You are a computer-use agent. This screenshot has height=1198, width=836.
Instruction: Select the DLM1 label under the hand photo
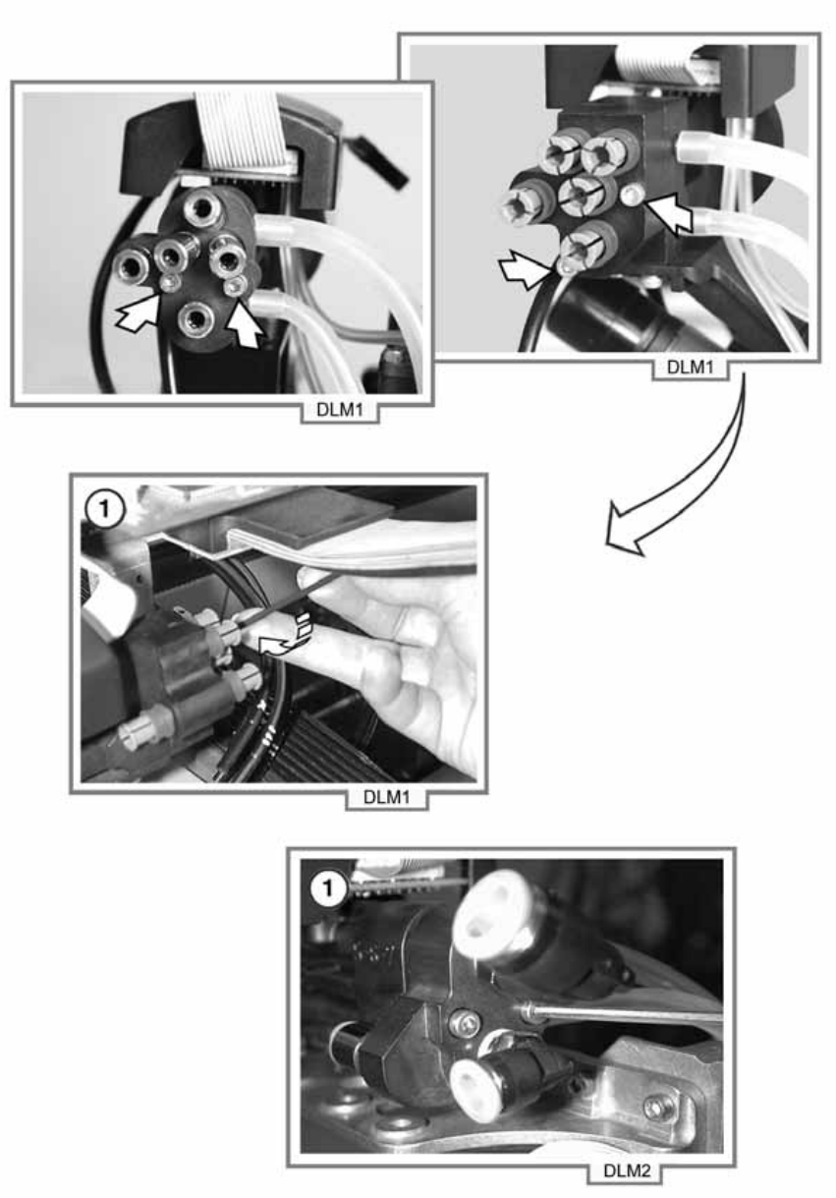(x=386, y=797)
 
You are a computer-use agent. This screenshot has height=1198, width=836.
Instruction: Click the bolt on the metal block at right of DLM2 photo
(x=656, y=1109)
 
